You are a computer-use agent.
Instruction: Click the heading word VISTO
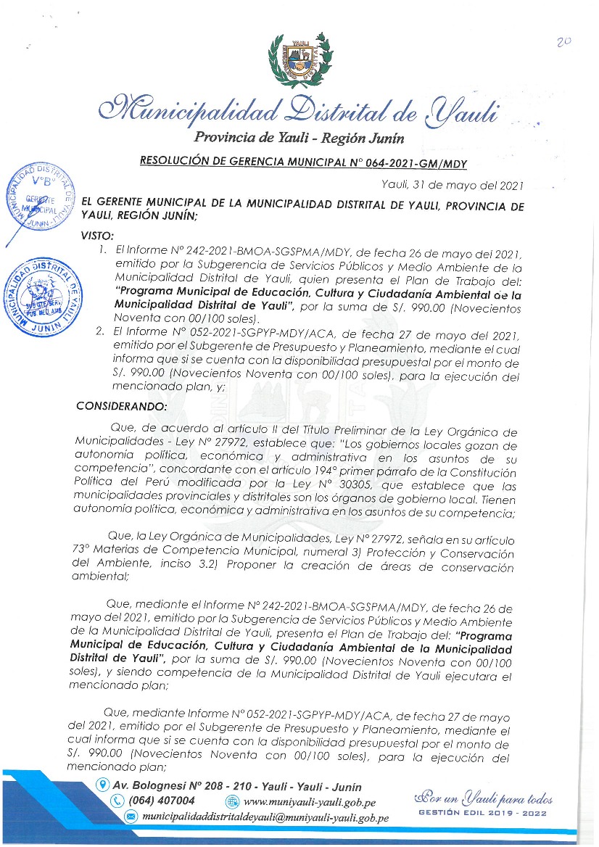coord(99,236)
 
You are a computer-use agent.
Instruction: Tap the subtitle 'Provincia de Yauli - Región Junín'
coord(299,139)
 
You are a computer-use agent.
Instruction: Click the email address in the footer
coord(265,817)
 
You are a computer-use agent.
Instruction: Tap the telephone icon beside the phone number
coord(117,801)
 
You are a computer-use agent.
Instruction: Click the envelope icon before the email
coord(131,817)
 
